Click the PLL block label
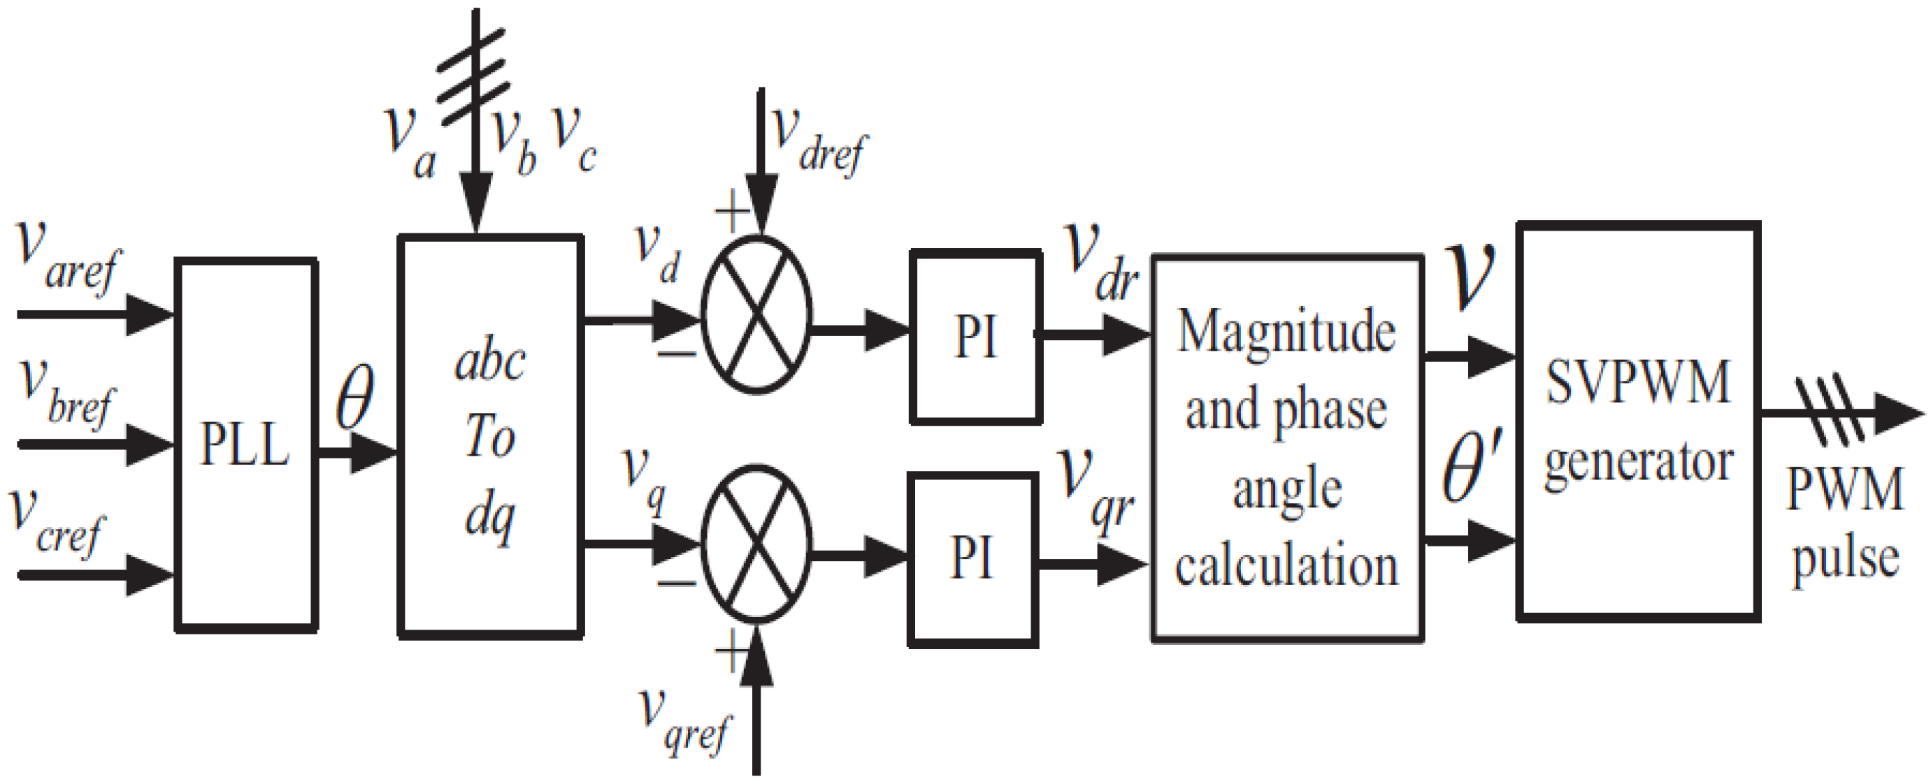(x=245, y=445)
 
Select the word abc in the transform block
(x=490, y=362)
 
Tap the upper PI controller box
(x=975, y=337)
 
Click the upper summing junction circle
(x=756, y=315)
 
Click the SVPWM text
(x=1638, y=383)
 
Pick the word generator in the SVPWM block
(x=1638, y=463)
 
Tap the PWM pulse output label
(x=1845, y=525)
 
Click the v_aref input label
(x=67, y=259)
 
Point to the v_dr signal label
(x=1102, y=262)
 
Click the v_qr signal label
(x=1096, y=491)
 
